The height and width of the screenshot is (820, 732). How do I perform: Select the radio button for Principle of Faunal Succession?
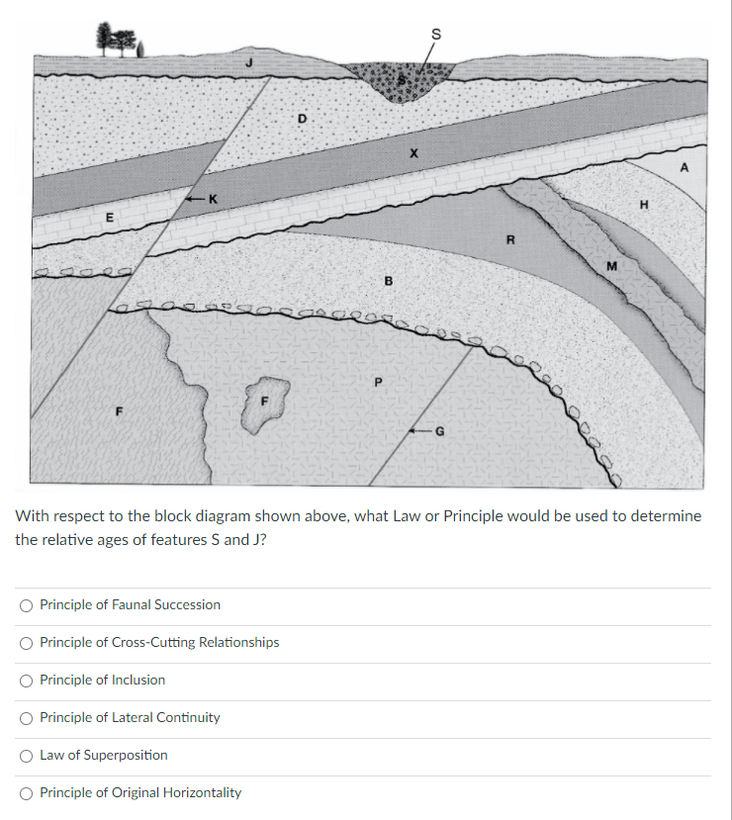26,604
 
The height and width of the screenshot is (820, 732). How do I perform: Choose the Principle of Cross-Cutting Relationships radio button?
26,642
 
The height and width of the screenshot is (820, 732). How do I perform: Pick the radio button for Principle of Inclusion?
26,680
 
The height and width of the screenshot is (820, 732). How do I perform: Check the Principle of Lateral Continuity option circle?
26,717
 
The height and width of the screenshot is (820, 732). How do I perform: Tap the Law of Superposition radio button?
26,755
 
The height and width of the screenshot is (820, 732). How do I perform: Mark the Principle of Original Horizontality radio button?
26,792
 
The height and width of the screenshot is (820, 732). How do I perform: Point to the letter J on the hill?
249,62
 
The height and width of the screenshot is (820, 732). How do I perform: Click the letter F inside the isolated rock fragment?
263,401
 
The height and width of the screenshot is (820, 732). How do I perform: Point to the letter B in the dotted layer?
389,281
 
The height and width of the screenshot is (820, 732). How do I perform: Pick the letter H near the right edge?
644,206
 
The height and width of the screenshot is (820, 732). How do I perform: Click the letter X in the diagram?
414,153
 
